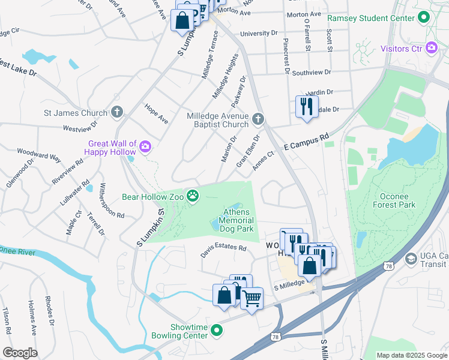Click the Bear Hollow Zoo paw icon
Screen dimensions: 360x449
click(192, 196)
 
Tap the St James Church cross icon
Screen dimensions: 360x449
click(116, 112)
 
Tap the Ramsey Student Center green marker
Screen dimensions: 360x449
click(425, 17)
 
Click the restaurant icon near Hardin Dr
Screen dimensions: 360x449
click(307, 106)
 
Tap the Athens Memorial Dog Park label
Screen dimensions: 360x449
click(238, 220)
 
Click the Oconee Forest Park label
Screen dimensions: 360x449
click(397, 200)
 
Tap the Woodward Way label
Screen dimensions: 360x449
click(39, 155)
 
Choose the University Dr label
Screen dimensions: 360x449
click(259, 34)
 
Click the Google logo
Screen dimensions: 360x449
click(20, 353)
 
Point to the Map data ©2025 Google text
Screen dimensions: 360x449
click(412, 355)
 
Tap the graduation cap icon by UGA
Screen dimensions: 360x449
click(411, 259)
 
